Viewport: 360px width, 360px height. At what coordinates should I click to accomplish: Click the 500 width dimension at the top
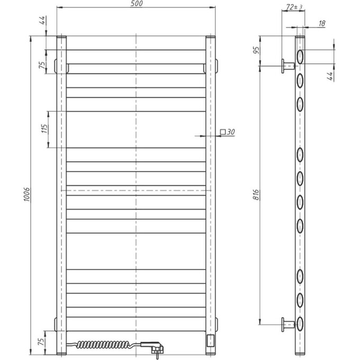coord(137,4)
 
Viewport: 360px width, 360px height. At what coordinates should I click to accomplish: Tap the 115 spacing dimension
coord(45,129)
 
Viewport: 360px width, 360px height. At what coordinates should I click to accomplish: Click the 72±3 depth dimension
coord(294,7)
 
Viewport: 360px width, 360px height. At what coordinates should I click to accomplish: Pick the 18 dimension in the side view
coord(322,23)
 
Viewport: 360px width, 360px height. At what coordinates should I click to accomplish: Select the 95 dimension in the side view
coord(256,51)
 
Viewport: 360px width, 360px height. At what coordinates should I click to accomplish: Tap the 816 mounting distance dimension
coord(256,194)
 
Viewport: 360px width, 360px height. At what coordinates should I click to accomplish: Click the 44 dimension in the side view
coord(329,75)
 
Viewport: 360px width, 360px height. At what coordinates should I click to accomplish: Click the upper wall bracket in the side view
coord(289,66)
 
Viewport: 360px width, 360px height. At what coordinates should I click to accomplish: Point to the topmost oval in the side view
coord(300,57)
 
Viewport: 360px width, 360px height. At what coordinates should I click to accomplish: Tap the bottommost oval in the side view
coord(300,322)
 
